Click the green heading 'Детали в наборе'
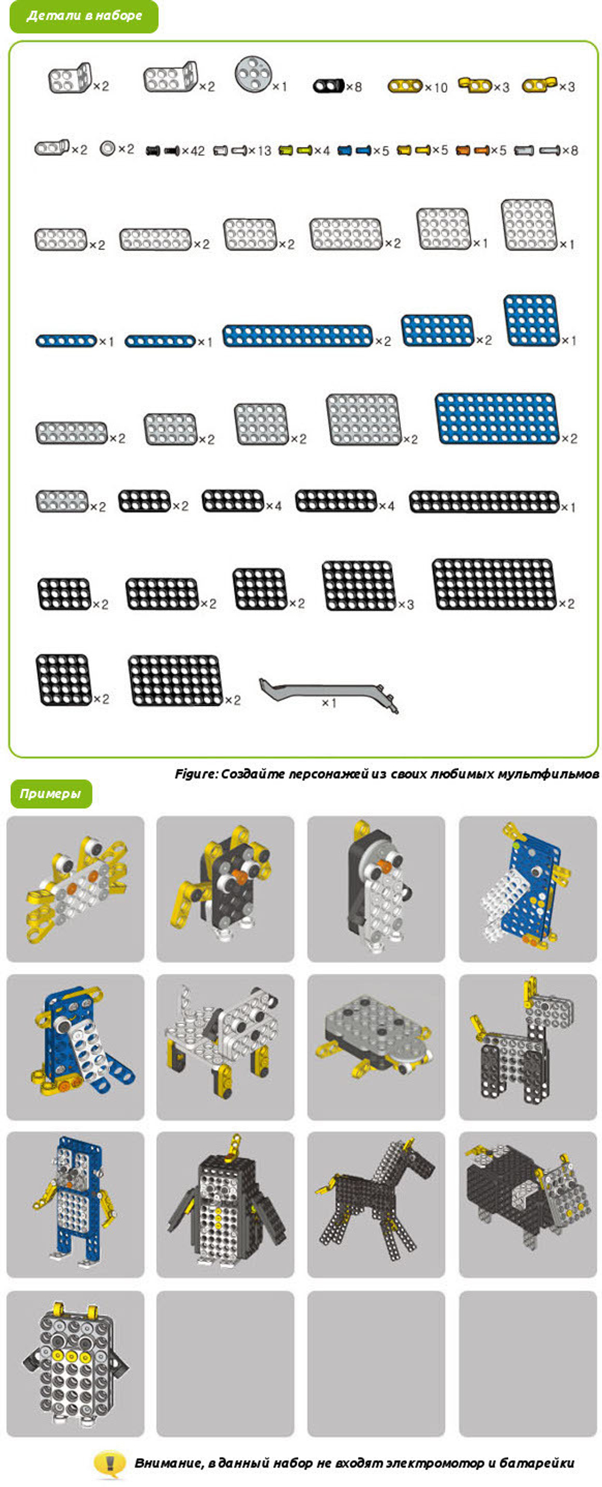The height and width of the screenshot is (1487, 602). click(84, 16)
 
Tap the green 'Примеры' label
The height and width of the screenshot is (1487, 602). click(51, 793)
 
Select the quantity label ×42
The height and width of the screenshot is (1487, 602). click(193, 151)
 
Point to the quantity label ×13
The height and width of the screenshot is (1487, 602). click(260, 151)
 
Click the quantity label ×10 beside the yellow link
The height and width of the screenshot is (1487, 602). click(436, 87)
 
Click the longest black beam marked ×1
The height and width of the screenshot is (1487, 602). click(485, 502)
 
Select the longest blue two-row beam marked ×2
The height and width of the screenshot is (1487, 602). click(298, 336)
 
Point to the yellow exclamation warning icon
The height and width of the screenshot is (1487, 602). click(109, 1462)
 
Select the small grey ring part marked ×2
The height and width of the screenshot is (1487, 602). click(107, 148)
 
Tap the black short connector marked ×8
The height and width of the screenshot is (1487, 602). click(329, 86)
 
